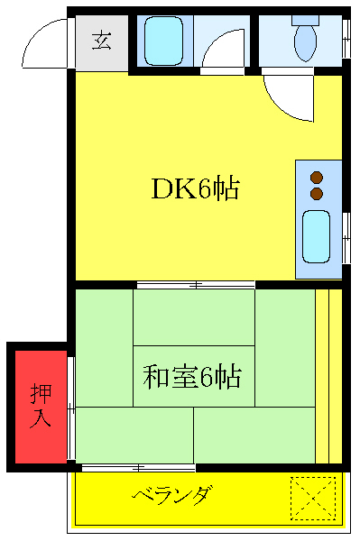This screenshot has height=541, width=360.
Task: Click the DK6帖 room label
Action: tap(194, 189)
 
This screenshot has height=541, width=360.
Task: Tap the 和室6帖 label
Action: tap(192, 375)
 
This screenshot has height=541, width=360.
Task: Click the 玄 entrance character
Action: tap(101, 41)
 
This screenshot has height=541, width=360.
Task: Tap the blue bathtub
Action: tap(163, 40)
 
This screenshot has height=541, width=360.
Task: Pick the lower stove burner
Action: tap(317, 193)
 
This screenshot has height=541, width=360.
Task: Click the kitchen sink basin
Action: tap(317, 236)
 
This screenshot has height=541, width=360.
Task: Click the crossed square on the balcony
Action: tap(312, 498)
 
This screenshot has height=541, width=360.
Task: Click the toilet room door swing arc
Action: tap(287, 97)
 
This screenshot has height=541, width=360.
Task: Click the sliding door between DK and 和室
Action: tap(195, 285)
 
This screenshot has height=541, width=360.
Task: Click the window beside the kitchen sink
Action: tap(346, 236)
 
